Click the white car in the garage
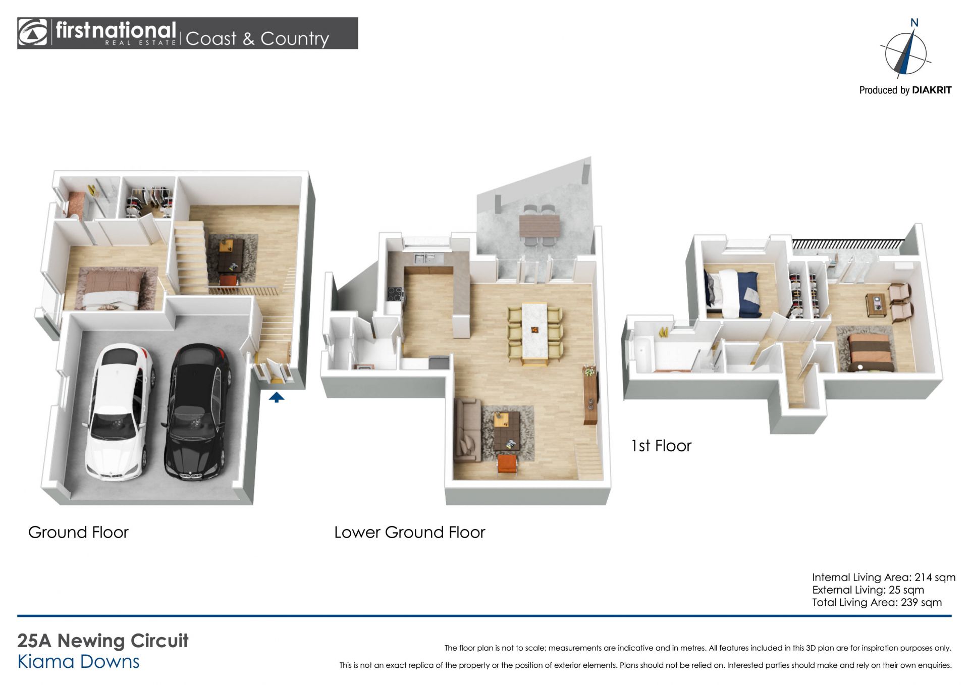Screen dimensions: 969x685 click(119, 411)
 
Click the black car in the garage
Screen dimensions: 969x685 click(197, 411)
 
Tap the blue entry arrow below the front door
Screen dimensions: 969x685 click(276, 397)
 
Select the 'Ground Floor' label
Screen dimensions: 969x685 click(78, 532)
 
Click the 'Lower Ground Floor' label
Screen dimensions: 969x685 click(409, 532)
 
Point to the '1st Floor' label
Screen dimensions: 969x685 click(661, 446)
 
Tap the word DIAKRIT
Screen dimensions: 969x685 click(932, 90)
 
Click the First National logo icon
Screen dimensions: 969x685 click(33, 33)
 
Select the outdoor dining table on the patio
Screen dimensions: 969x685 click(540, 225)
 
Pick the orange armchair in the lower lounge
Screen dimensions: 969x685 click(507, 464)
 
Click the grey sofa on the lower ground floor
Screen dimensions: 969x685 click(467, 430)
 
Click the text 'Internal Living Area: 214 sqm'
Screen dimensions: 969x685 click(884, 577)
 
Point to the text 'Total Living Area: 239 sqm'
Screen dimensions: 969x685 click(877, 602)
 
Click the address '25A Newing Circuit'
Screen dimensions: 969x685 click(103, 641)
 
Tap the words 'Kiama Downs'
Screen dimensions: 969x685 click(78, 662)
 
